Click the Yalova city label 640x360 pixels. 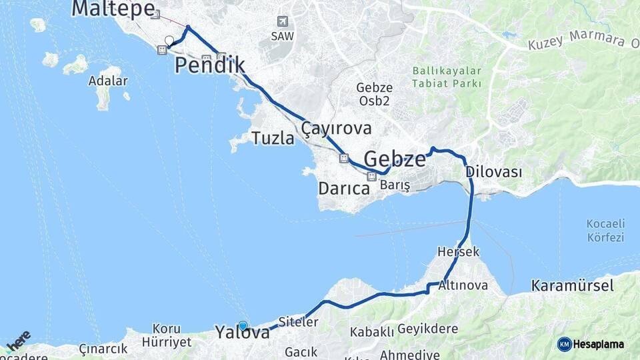[x=242, y=332]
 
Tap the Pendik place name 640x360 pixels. [x=210, y=65]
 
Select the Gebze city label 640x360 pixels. [x=395, y=159]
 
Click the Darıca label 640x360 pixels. [x=343, y=189]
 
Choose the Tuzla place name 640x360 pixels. [x=273, y=138]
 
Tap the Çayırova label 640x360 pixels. [x=336, y=128]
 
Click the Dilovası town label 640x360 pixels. [x=493, y=171]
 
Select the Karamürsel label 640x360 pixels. [x=572, y=286]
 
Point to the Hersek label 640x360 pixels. [x=459, y=252]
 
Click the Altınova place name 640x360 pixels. [x=463, y=285]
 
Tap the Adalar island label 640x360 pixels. [x=107, y=81]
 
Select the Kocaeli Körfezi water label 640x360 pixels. [x=605, y=229]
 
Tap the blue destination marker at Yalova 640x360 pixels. [x=243, y=326]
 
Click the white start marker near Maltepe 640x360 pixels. [x=169, y=41]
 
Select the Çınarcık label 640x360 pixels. [x=103, y=349]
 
